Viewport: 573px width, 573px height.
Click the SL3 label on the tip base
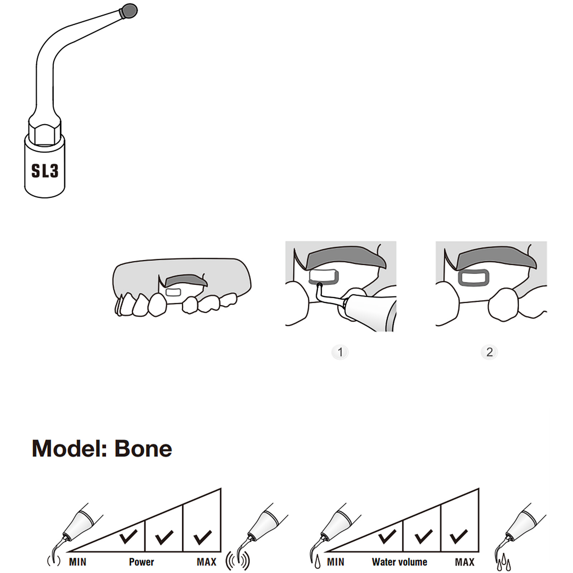pyautogui.click(x=45, y=171)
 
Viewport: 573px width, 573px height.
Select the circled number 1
pyautogui.click(x=340, y=352)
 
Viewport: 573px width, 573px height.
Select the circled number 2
pyautogui.click(x=489, y=352)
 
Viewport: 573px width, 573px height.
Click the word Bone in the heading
pyautogui.click(x=143, y=448)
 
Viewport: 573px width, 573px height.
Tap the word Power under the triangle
pyautogui.click(x=141, y=562)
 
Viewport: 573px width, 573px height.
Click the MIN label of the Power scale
pyautogui.click(x=77, y=562)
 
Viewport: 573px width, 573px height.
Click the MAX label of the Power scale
pyautogui.click(x=207, y=562)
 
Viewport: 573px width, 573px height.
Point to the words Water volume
pyautogui.click(x=399, y=562)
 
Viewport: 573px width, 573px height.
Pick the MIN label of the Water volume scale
pyautogui.click(x=336, y=562)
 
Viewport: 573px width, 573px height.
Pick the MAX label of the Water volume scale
pyautogui.click(x=464, y=562)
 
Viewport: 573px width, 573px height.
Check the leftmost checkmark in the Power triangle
pyautogui.click(x=128, y=536)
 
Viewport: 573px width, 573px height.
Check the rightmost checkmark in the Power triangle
pyautogui.click(x=202, y=537)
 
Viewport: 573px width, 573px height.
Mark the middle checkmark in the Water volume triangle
pyautogui.click(x=423, y=537)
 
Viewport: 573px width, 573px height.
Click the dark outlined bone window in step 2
pyautogui.click(x=473, y=278)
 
